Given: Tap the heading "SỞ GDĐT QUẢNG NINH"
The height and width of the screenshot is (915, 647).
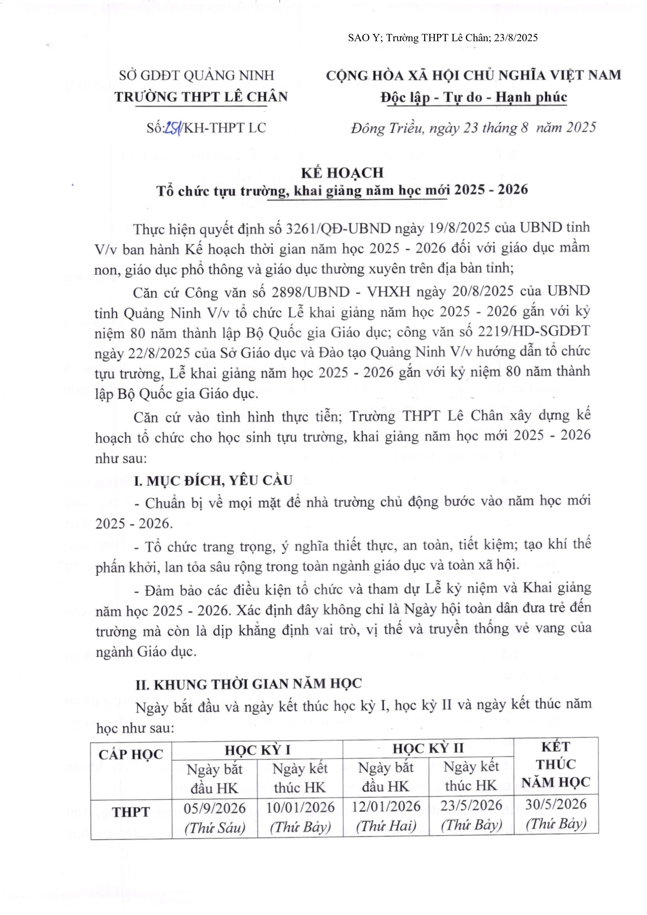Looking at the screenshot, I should [x=197, y=75].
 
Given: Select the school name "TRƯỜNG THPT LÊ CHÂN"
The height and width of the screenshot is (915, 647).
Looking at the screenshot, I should [x=201, y=97].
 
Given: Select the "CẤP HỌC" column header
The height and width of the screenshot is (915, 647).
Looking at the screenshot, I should [x=131, y=754].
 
